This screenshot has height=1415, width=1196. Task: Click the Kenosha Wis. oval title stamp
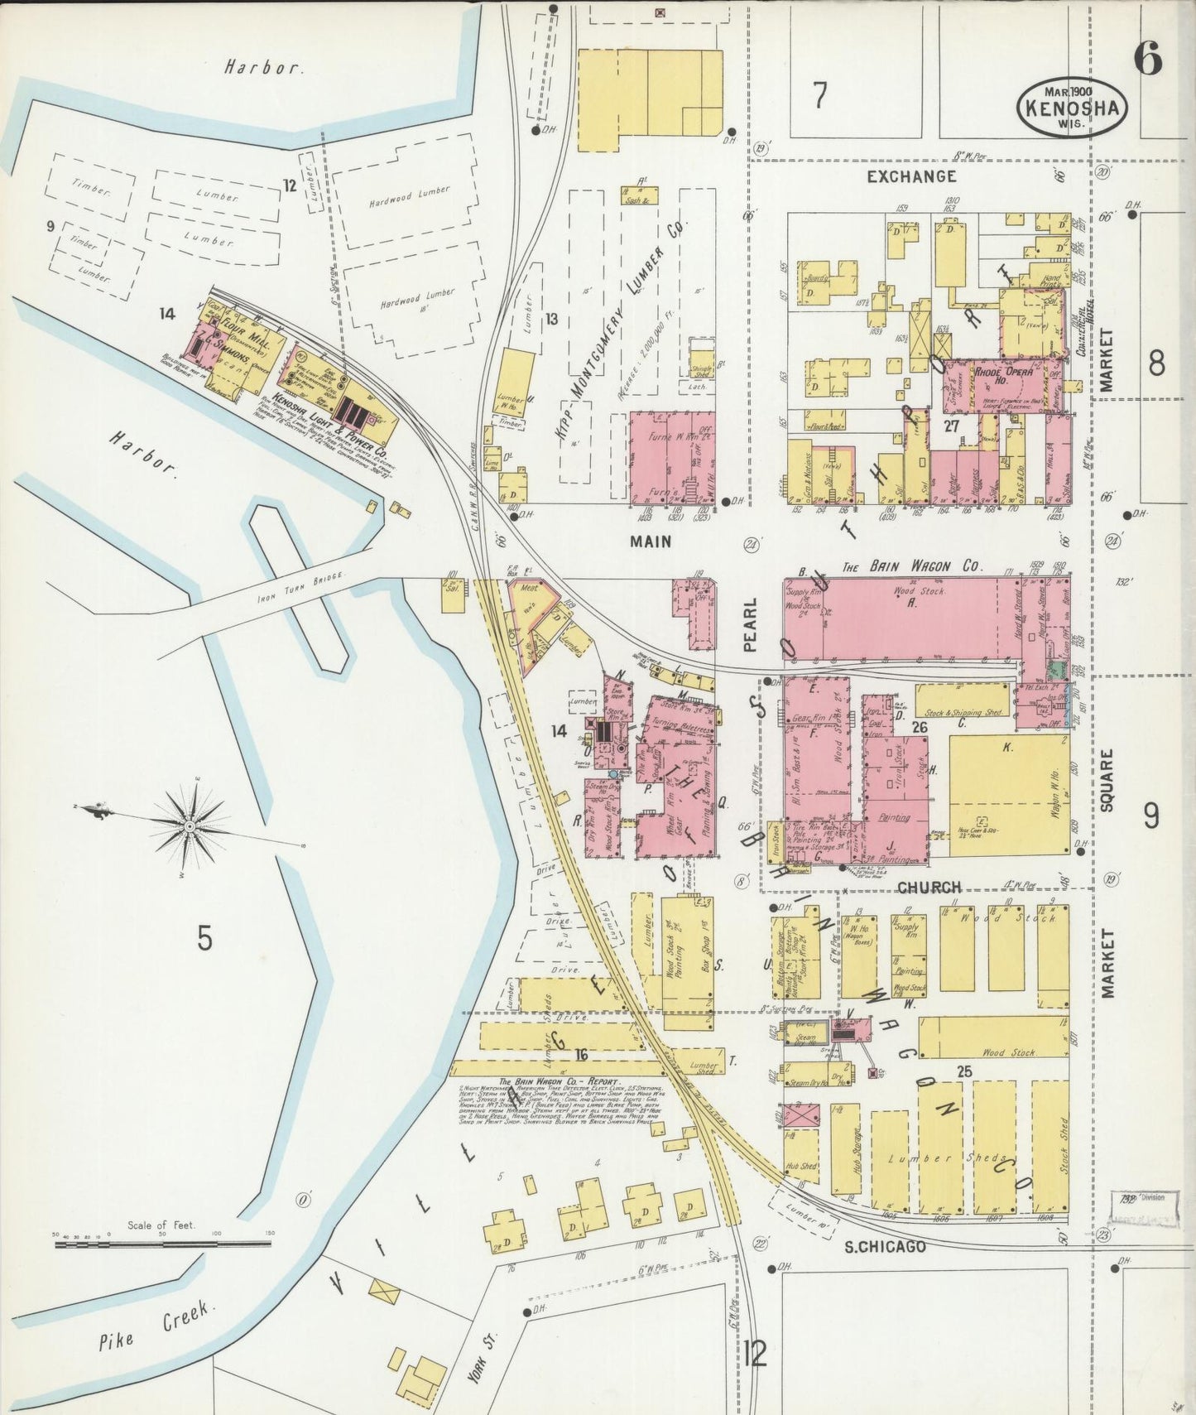[x=1073, y=108]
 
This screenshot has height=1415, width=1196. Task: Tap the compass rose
[x=190, y=826]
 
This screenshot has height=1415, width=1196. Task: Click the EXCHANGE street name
[x=911, y=176]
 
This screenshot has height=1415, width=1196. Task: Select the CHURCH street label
[x=929, y=887]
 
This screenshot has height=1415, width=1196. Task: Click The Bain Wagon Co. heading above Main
[x=911, y=567]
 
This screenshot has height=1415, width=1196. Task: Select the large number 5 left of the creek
[x=204, y=939]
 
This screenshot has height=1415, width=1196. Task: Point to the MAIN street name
[x=650, y=541]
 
